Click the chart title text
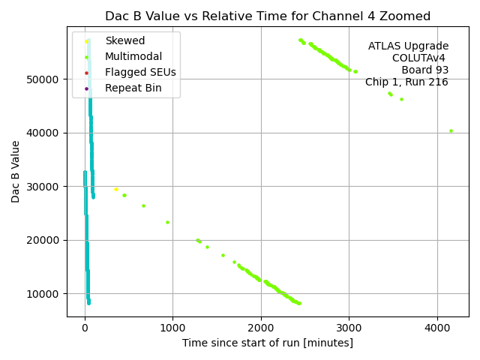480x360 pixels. (x=268, y=16)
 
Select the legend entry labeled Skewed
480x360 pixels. (x=125, y=40)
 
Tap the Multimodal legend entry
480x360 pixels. (x=132, y=56)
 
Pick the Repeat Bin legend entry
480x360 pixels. (x=133, y=88)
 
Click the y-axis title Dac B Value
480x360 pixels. (x=16, y=172)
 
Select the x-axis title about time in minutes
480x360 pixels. (x=268, y=343)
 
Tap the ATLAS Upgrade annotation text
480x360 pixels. (x=408, y=46)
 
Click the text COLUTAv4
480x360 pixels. (x=420, y=58)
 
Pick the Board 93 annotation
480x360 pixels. (x=424, y=70)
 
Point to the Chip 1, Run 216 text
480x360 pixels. (x=406, y=82)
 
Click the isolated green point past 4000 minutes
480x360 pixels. (x=451, y=130)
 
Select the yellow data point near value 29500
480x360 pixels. (x=115, y=189)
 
